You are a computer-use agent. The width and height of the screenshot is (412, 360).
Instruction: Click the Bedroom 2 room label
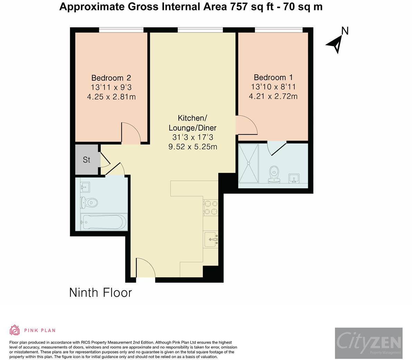pos(111,78)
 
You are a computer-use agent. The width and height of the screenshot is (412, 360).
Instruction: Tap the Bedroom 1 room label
pos(273,77)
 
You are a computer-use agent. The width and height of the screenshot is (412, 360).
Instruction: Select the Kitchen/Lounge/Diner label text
pos(193,123)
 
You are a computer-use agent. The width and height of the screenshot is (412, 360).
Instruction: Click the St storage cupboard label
pos(86,160)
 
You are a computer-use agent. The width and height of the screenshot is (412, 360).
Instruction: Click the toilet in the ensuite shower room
pos(274,174)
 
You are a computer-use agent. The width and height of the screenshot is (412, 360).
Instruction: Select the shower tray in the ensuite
pos(248,163)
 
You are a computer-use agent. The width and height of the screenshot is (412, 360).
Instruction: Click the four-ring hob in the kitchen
pos(211,207)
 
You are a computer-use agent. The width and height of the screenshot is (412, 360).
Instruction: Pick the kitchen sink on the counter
pos(211,239)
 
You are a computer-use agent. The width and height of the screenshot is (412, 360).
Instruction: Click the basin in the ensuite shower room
pos(294,178)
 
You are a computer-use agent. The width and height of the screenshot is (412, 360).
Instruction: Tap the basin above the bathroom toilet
pos(85,187)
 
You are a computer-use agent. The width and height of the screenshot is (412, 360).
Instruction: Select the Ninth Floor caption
pos(100,292)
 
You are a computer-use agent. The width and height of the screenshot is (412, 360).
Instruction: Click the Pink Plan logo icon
pos(15,330)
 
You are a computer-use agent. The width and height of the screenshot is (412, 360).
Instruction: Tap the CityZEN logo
pos(369,343)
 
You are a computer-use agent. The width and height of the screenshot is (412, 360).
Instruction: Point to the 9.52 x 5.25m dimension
pos(193,146)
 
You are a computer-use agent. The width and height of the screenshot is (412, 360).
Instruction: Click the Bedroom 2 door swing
pos(131,133)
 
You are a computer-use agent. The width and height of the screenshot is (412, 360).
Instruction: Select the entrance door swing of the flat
pos(146,268)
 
